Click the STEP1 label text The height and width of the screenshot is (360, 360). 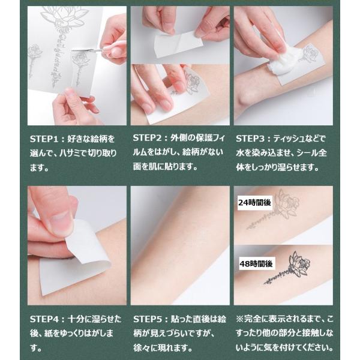tap(44, 139)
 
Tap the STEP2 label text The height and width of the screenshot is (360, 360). tap(147, 138)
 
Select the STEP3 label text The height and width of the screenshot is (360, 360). tap(250, 139)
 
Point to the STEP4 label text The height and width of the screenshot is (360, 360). tap(44, 319)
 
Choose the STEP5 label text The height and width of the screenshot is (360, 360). tap(147, 319)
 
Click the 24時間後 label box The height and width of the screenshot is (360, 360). tap(255, 203)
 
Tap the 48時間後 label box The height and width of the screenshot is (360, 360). tap(256, 264)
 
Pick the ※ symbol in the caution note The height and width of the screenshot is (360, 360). tap(239, 319)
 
